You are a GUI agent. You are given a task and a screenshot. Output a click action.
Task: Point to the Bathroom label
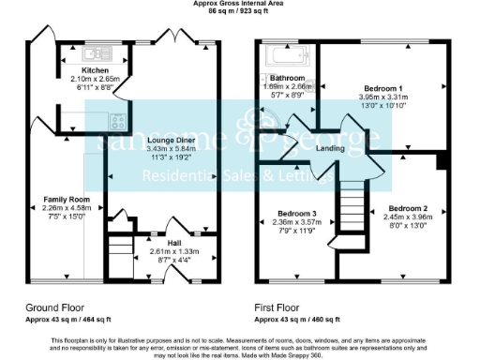click(x=287, y=78)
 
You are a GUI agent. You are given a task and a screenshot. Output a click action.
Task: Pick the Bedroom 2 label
click(x=409, y=207)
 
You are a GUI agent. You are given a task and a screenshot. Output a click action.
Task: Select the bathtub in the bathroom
click(x=285, y=54)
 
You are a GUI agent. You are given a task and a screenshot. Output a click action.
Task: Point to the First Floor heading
click(x=280, y=307)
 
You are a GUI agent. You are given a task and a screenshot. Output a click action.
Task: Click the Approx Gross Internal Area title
click(x=240, y=4)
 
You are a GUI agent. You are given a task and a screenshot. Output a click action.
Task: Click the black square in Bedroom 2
click(x=440, y=160)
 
